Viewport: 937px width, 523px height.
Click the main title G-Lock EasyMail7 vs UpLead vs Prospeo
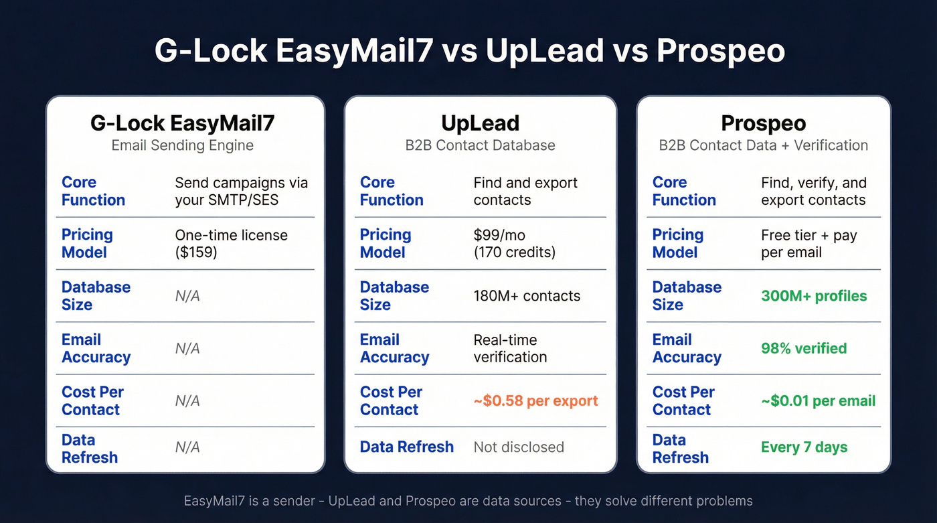click(468, 51)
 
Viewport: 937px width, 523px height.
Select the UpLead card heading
click(480, 123)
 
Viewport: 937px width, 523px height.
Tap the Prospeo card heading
click(763, 123)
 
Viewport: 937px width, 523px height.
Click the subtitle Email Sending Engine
click(183, 145)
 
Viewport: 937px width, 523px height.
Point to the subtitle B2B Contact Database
click(480, 145)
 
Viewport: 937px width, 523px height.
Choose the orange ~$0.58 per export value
click(535, 400)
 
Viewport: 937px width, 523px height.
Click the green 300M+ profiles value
click(814, 296)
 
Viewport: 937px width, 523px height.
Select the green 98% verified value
click(804, 348)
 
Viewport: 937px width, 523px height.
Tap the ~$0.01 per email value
click(818, 400)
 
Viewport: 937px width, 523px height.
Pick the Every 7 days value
click(804, 447)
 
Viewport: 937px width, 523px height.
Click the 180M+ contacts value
click(527, 296)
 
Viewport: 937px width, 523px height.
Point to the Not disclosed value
click(519, 447)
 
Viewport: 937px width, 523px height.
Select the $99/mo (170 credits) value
click(514, 244)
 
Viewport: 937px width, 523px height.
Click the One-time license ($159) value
click(231, 244)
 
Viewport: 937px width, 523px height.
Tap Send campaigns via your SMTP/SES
click(241, 192)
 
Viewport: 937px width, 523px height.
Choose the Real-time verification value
click(510, 348)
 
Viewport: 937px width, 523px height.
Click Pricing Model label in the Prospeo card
click(677, 244)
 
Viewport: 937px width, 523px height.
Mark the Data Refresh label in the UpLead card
click(406, 447)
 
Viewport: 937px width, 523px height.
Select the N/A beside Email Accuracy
click(187, 348)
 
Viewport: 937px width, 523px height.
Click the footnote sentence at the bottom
click(468, 501)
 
